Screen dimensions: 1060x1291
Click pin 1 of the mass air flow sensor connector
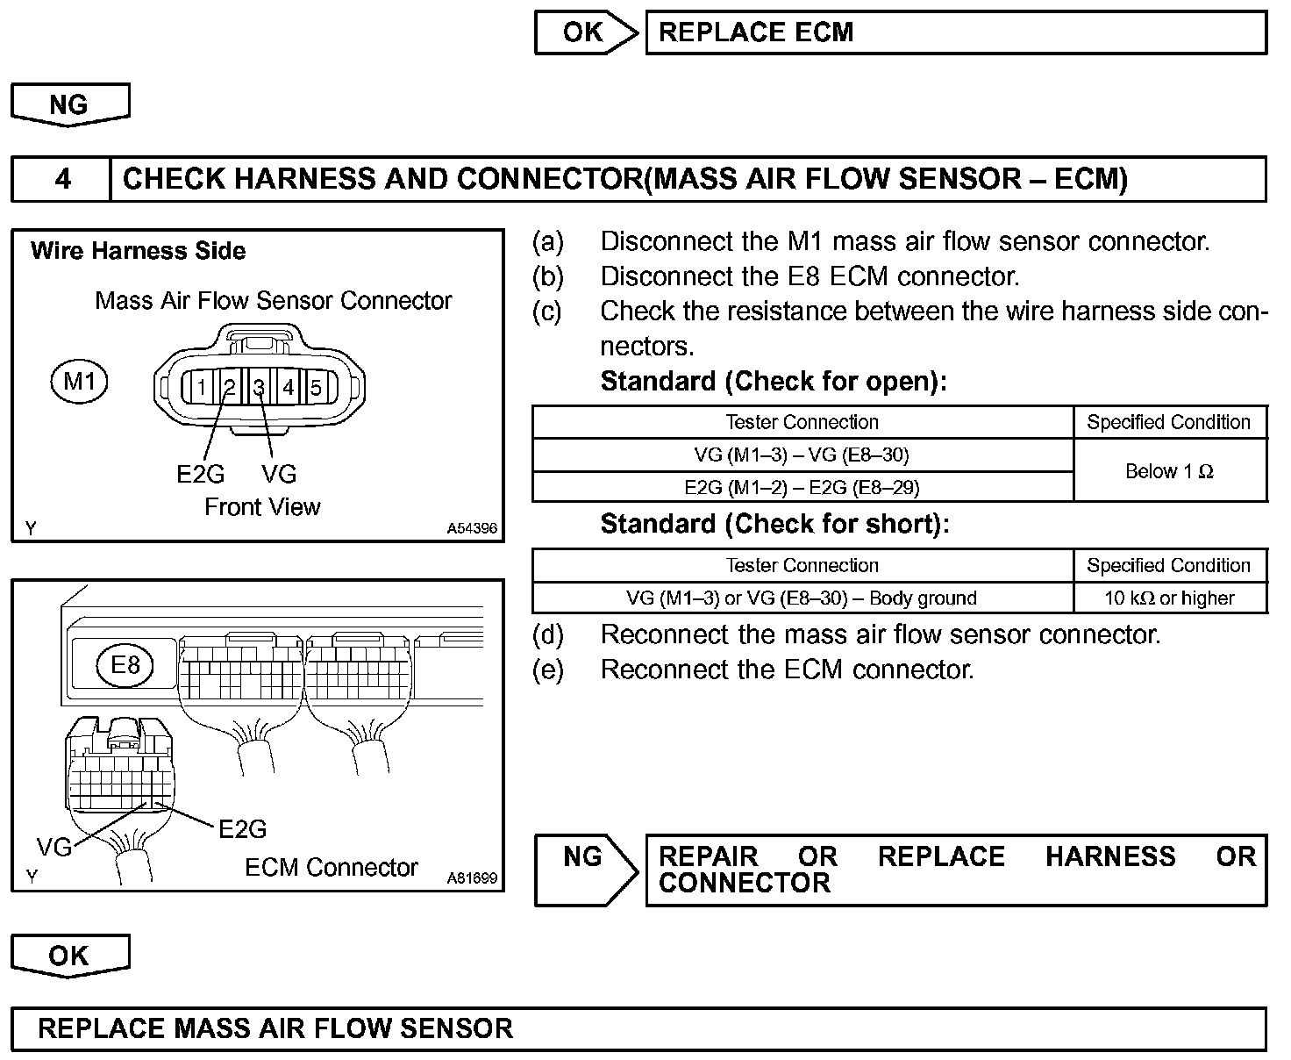point(201,387)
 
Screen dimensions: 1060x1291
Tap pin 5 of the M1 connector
point(317,387)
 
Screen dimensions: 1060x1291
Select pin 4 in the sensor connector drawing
point(289,387)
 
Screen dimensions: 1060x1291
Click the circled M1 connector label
point(79,382)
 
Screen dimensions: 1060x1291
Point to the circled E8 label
point(125,664)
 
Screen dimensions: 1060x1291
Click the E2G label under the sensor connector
point(200,474)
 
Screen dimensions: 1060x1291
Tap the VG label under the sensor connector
point(279,474)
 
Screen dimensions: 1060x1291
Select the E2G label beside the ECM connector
point(242,828)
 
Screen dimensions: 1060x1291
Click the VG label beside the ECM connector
point(53,847)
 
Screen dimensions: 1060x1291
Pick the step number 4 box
point(62,180)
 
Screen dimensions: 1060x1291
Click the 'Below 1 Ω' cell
point(1169,471)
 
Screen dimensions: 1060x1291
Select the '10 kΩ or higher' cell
point(1169,598)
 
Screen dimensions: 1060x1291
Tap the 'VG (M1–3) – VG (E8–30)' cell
point(802,455)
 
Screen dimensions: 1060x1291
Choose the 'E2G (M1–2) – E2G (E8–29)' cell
point(802,487)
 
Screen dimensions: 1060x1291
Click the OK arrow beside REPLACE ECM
point(585,33)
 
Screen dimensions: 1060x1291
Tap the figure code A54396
point(472,528)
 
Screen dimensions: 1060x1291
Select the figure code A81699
point(472,877)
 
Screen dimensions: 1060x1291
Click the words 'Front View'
point(262,507)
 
